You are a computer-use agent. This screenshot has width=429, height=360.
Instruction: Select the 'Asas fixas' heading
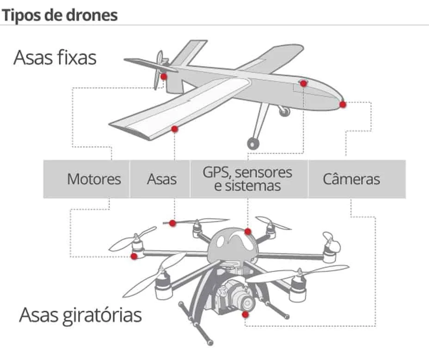click(x=55, y=58)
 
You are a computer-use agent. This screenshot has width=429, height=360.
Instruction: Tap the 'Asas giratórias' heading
click(x=80, y=315)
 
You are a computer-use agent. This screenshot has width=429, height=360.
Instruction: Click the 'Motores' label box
click(x=94, y=179)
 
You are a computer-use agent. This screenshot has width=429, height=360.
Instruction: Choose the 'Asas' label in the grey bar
click(x=161, y=179)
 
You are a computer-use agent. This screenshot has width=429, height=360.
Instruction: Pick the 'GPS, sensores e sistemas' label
click(x=248, y=179)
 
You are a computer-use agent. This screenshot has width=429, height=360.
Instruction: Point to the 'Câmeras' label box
click(x=351, y=179)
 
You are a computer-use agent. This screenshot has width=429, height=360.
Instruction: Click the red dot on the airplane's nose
click(x=343, y=104)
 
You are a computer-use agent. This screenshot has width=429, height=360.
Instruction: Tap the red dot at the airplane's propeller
click(x=163, y=76)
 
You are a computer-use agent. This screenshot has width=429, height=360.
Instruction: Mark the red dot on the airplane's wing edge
click(x=174, y=129)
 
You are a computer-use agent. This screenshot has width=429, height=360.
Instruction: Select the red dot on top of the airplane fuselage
click(x=303, y=84)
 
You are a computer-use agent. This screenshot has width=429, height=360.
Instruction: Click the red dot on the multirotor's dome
click(x=248, y=231)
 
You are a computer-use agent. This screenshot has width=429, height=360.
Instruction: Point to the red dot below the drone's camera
click(x=245, y=315)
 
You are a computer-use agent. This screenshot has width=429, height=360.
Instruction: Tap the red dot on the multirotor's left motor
click(x=134, y=256)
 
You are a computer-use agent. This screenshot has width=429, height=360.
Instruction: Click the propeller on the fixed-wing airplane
click(x=158, y=69)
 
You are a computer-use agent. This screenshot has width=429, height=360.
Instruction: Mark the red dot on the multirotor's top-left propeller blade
click(x=172, y=223)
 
